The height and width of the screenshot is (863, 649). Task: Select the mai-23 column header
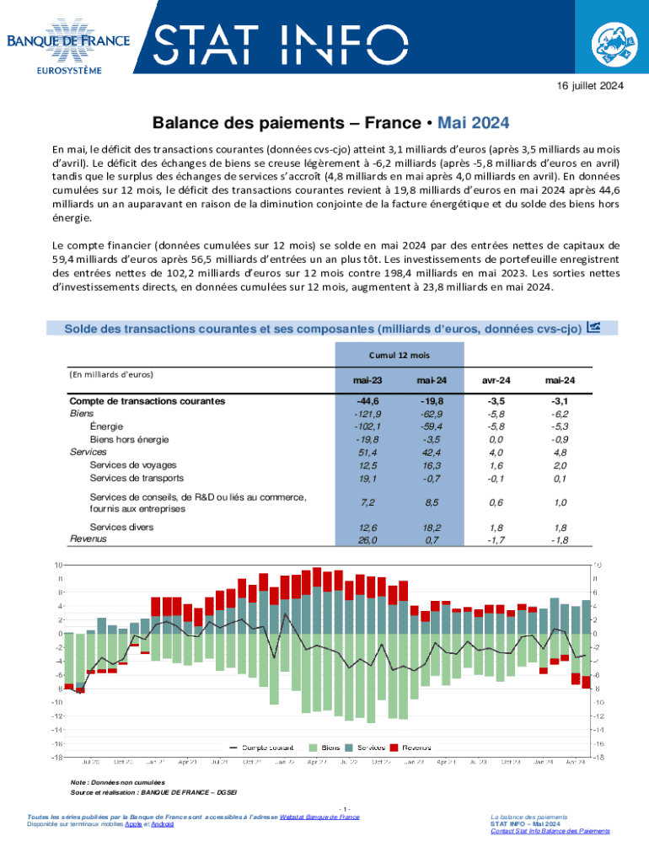pyautogui.click(x=368, y=381)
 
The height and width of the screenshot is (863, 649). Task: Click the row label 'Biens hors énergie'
pyautogui.click(x=129, y=439)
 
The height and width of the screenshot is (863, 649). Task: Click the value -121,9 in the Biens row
pyautogui.click(x=367, y=414)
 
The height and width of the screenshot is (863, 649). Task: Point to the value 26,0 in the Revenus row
pyautogui.click(x=367, y=539)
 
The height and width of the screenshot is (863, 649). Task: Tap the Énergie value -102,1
pyautogui.click(x=367, y=426)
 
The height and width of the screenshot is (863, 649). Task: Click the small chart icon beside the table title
pyautogui.click(x=593, y=327)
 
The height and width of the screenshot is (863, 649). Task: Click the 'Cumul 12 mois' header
pyautogui.click(x=400, y=356)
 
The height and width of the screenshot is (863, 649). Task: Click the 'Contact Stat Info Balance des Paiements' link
pyautogui.click(x=550, y=831)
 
